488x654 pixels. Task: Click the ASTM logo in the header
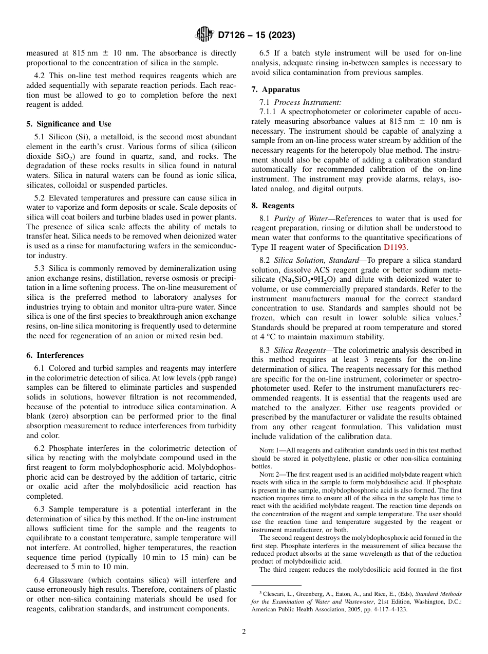204,35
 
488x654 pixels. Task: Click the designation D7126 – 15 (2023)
256,35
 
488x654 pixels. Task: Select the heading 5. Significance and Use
69,124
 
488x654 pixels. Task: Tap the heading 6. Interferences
55,355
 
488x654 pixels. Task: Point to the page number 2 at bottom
244,632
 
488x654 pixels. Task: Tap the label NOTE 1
269,450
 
